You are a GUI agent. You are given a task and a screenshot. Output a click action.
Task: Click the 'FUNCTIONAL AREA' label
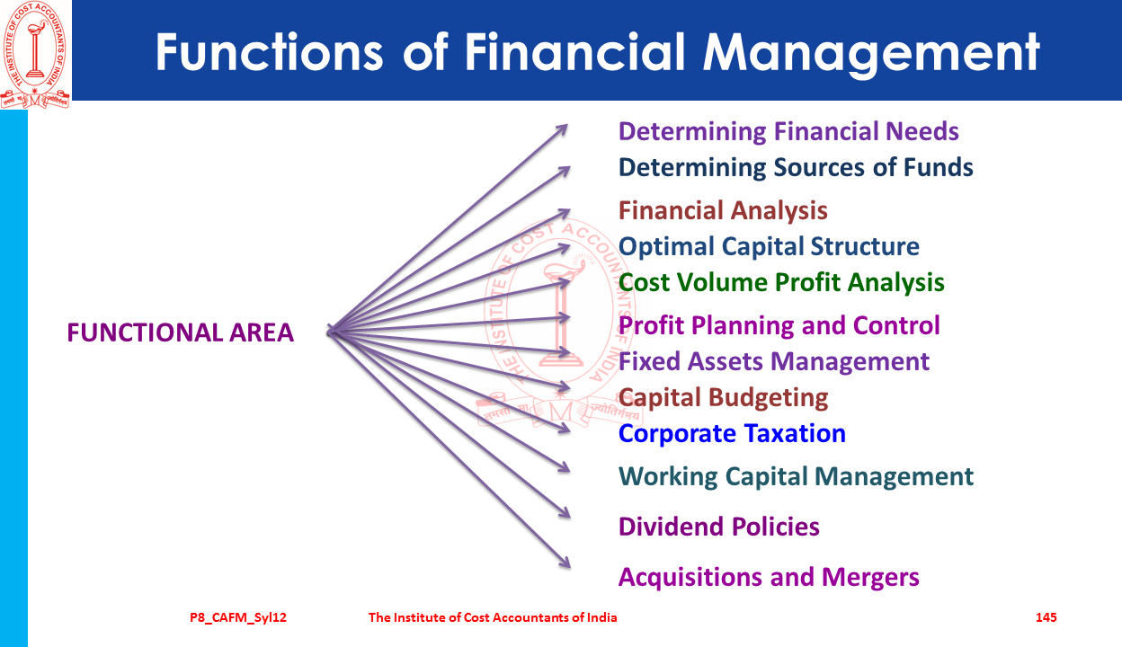point(181,332)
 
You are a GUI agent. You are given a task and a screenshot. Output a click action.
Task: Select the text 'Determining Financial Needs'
point(788,132)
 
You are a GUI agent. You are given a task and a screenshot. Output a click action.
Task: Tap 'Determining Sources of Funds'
point(796,167)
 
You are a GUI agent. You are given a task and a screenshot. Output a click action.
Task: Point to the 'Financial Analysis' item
point(723,211)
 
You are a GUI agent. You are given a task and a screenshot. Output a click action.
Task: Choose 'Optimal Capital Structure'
point(769,247)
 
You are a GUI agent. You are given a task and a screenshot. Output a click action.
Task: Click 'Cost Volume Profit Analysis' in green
point(781,283)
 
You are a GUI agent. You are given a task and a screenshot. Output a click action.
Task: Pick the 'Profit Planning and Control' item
point(779,326)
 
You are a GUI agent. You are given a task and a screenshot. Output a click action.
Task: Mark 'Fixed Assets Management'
point(774,362)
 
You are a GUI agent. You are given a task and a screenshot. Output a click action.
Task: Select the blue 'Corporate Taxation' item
point(732,434)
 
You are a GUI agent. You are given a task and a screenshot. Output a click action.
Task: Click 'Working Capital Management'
point(796,477)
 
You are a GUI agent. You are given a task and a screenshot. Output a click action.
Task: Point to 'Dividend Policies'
point(719,527)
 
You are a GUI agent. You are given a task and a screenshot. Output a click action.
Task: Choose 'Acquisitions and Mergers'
point(769,578)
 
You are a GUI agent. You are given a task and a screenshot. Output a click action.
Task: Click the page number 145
point(1046,617)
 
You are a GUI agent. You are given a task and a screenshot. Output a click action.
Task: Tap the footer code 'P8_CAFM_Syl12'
point(238,618)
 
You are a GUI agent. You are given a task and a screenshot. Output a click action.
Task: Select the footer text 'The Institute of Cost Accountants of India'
point(493,617)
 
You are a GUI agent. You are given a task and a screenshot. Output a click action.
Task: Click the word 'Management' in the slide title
point(871,54)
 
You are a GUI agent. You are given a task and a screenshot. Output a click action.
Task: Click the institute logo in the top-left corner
point(35,54)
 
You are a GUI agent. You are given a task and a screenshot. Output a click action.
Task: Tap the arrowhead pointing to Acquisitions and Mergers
point(565,563)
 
